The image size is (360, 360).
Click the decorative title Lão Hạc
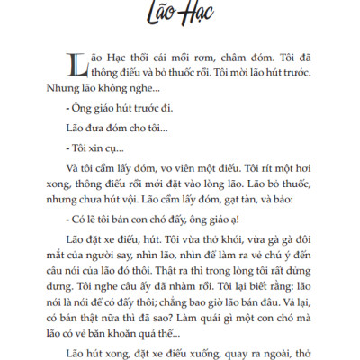point(180,15)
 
